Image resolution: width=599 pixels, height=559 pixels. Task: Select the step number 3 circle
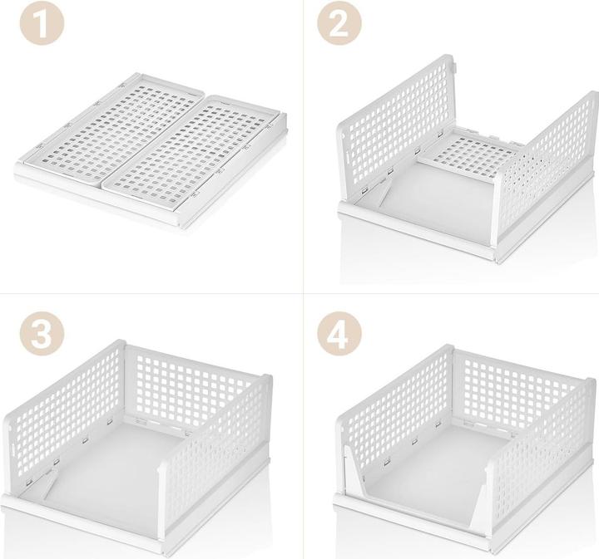(x=41, y=336)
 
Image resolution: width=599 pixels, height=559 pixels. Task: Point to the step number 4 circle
(x=339, y=336)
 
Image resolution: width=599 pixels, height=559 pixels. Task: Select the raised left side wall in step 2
(x=391, y=125)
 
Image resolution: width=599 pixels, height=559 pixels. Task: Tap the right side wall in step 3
(x=225, y=449)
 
